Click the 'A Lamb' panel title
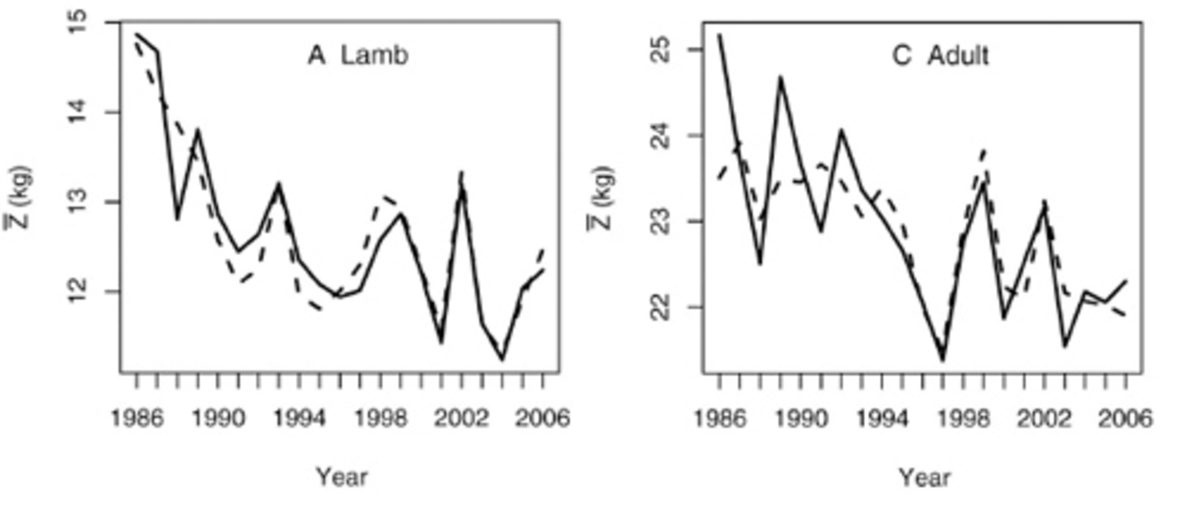[x=358, y=56]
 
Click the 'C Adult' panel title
[x=940, y=56]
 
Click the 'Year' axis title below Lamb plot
[x=342, y=477]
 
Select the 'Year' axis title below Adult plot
[x=924, y=477]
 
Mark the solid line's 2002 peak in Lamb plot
[x=462, y=173]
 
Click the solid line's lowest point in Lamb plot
[x=502, y=359]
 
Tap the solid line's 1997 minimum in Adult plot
[x=943, y=360]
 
